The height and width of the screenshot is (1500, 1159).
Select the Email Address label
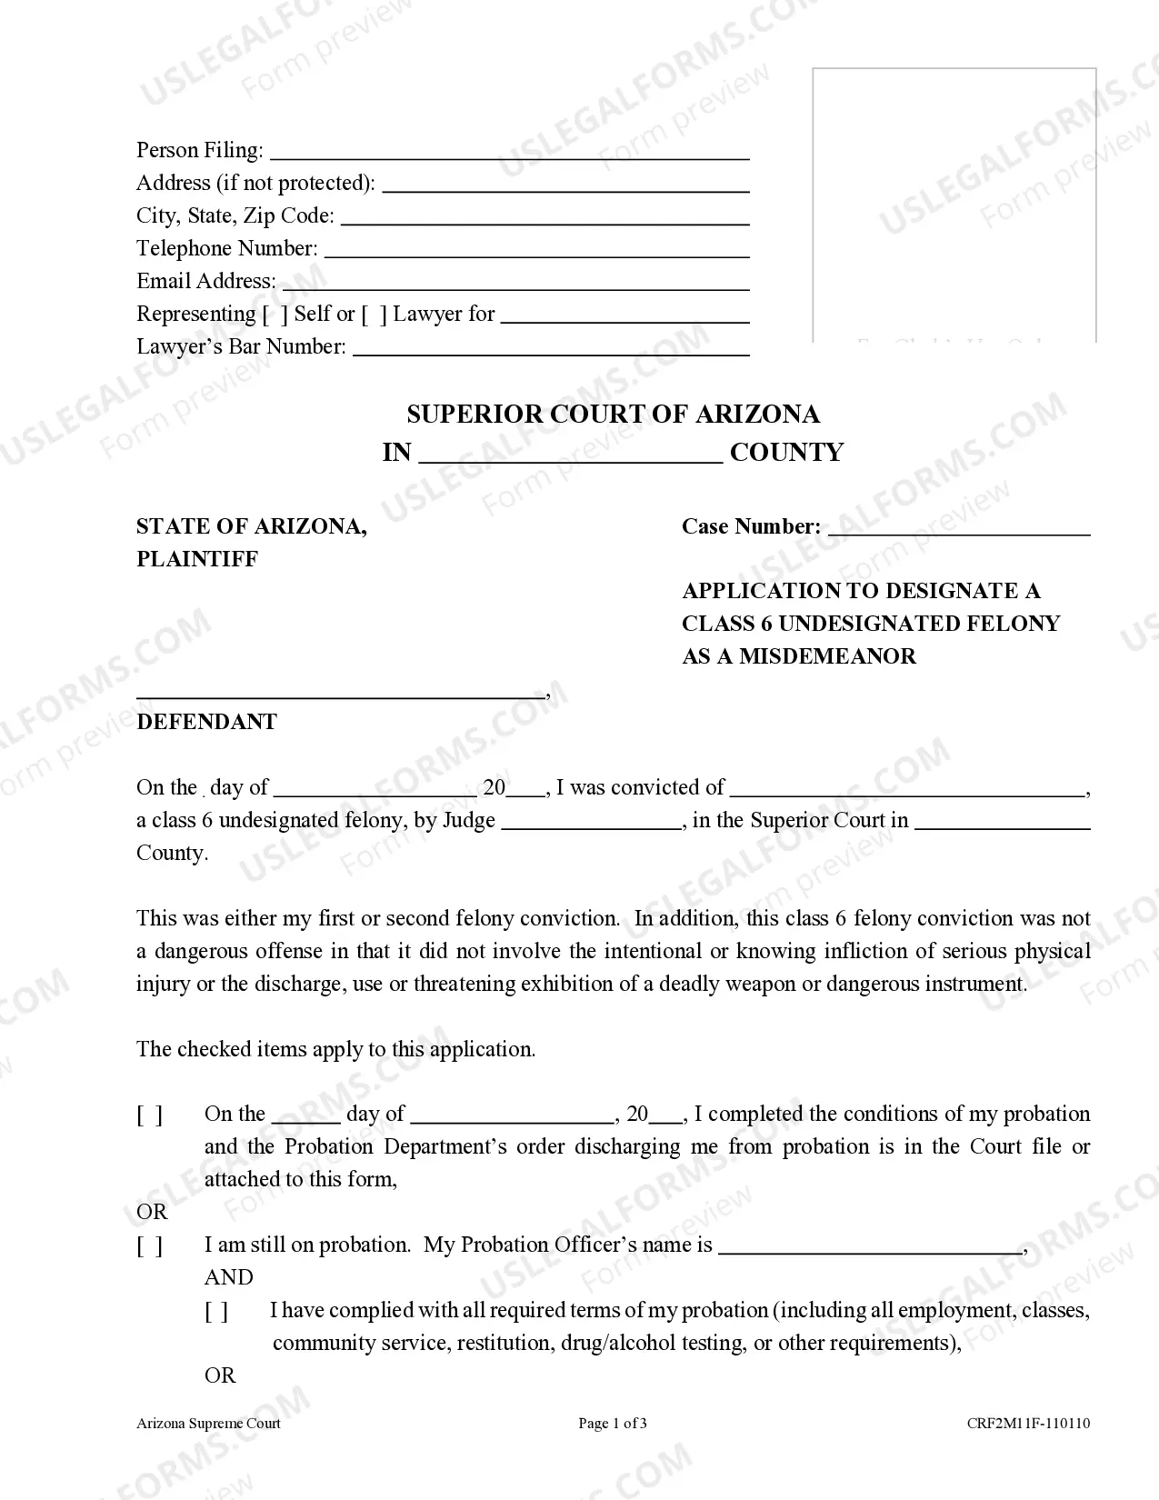[x=205, y=282]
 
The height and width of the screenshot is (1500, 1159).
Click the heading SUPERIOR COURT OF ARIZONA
[x=613, y=415]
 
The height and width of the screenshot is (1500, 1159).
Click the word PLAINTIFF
[x=197, y=559]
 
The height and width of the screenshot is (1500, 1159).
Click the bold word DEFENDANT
[x=206, y=722]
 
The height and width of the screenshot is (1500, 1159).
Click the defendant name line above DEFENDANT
[x=341, y=695]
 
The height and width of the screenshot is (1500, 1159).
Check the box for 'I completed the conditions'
[x=150, y=1115]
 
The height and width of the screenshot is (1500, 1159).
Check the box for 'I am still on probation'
[x=150, y=1246]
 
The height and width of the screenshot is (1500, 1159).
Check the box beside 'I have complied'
[x=216, y=1312]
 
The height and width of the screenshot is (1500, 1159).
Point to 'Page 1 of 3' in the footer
[x=613, y=1424]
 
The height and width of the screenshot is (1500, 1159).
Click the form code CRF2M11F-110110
[x=1028, y=1424]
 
